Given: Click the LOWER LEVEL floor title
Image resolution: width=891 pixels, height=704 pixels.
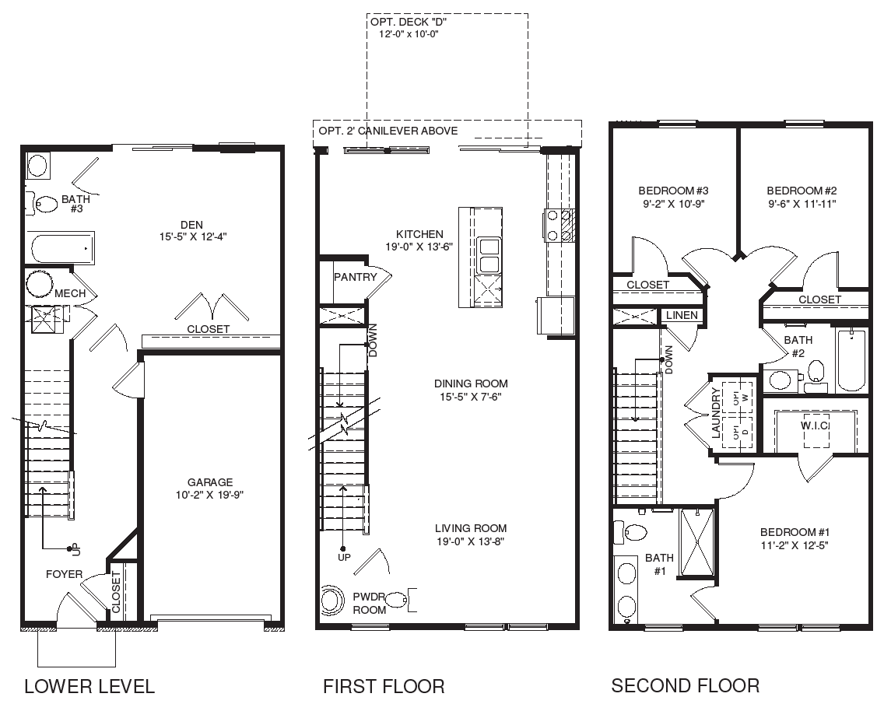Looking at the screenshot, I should pyautogui.click(x=89, y=686).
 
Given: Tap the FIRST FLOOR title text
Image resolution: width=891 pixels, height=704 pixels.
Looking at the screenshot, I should pyautogui.click(x=384, y=686).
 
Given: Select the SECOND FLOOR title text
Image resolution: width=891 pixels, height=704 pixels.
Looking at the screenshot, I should pyautogui.click(x=685, y=685).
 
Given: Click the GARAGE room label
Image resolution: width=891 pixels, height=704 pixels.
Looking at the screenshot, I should pyautogui.click(x=209, y=482).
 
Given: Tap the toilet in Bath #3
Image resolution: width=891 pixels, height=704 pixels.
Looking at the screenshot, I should pyautogui.click(x=45, y=204).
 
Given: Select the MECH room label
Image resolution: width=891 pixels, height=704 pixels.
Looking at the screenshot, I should pyautogui.click(x=70, y=293).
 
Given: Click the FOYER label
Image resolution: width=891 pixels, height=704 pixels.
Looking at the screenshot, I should pyautogui.click(x=64, y=574).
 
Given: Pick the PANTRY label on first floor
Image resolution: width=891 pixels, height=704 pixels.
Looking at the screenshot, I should pyautogui.click(x=355, y=277).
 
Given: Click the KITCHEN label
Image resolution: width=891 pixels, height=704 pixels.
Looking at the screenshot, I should pyautogui.click(x=419, y=234).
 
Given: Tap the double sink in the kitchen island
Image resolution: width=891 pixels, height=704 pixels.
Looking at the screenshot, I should pyautogui.click(x=489, y=256).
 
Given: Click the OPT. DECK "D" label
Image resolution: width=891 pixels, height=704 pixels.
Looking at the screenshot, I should pyautogui.click(x=409, y=23).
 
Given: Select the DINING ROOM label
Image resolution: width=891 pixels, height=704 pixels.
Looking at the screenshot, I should pyautogui.click(x=471, y=384).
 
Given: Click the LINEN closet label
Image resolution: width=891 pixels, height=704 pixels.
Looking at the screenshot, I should pyautogui.click(x=681, y=315).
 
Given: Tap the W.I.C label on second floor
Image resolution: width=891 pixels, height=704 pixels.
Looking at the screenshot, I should pyautogui.click(x=814, y=426).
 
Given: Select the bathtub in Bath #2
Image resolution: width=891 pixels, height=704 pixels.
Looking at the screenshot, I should pyautogui.click(x=851, y=362).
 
